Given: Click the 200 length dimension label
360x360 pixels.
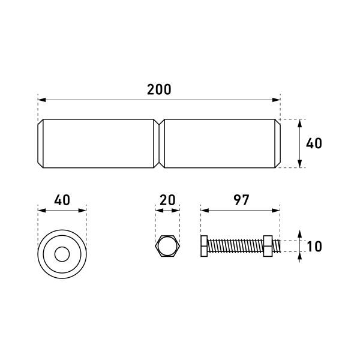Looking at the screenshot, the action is (159, 89).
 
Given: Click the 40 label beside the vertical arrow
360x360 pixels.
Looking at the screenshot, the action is (314, 143).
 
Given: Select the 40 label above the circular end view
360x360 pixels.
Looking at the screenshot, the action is (62, 200).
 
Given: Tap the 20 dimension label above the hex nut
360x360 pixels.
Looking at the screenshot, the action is (167, 200).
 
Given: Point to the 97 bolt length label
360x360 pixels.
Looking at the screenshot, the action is (241, 200).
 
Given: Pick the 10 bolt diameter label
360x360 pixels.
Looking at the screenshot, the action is (314, 247).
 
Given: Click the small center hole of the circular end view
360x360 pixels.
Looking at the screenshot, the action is (62, 254).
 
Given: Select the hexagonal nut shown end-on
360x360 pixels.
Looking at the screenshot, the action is (167, 246).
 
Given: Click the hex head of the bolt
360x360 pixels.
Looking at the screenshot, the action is (204, 246).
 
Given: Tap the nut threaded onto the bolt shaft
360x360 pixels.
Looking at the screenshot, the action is (268, 246).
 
